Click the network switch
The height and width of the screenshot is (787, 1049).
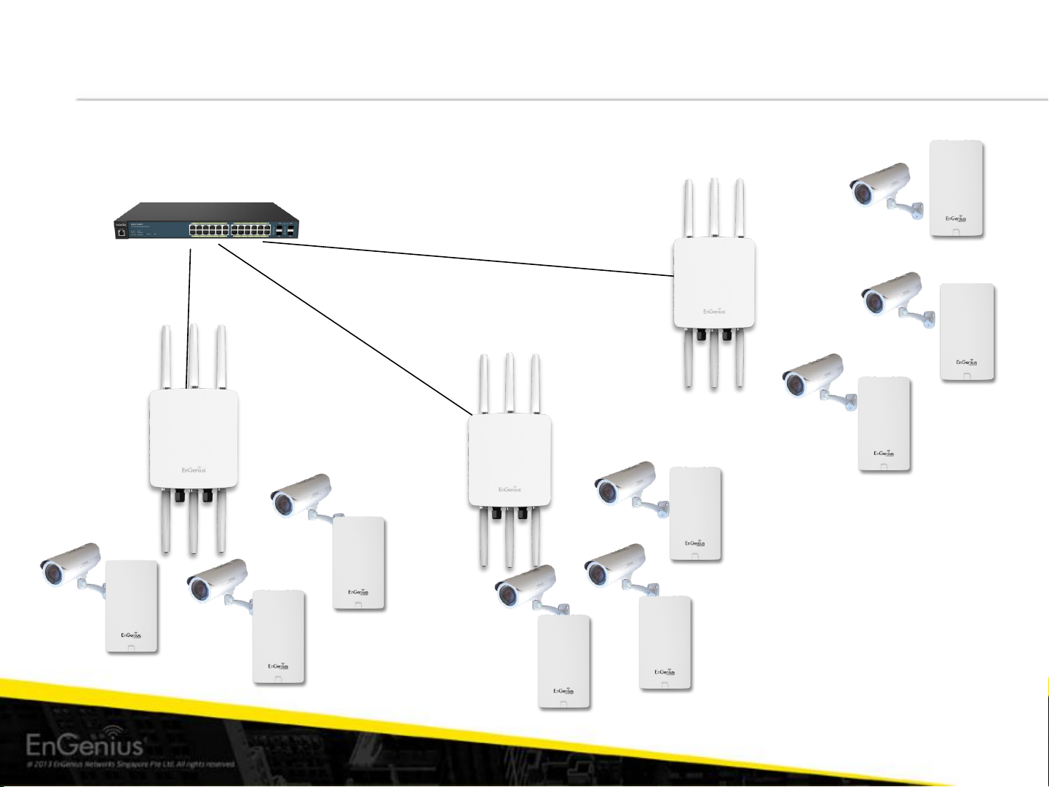point(207,222)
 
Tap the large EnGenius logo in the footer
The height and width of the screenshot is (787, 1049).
point(85,744)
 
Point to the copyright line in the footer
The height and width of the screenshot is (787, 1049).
point(131,764)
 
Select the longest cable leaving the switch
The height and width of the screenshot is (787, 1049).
point(466,259)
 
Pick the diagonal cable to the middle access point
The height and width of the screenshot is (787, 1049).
point(342,328)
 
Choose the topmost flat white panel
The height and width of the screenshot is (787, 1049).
point(957,188)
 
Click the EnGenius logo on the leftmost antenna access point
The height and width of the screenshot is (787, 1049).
point(194,470)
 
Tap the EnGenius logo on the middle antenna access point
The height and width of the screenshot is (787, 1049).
point(510,489)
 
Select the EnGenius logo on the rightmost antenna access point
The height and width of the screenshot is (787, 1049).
point(714,312)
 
